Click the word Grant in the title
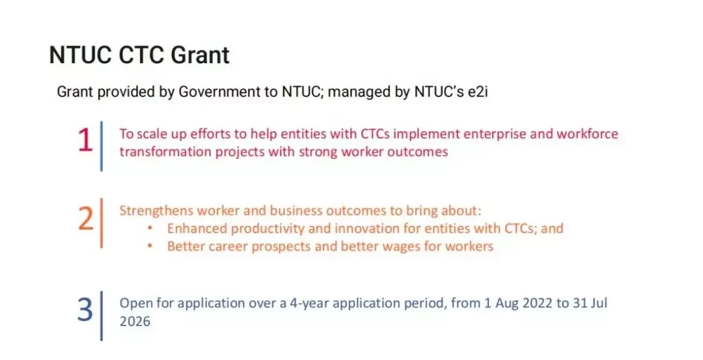click(200, 55)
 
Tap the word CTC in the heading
click(141, 55)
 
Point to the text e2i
click(478, 91)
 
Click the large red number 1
click(85, 141)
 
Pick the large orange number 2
click(86, 219)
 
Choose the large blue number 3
click(85, 310)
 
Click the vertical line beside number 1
click(102, 146)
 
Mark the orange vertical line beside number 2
click(102, 223)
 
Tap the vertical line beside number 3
click(102, 316)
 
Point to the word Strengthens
click(156, 210)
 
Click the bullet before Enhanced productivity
click(150, 228)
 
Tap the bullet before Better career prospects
click(150, 246)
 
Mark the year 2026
click(135, 322)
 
